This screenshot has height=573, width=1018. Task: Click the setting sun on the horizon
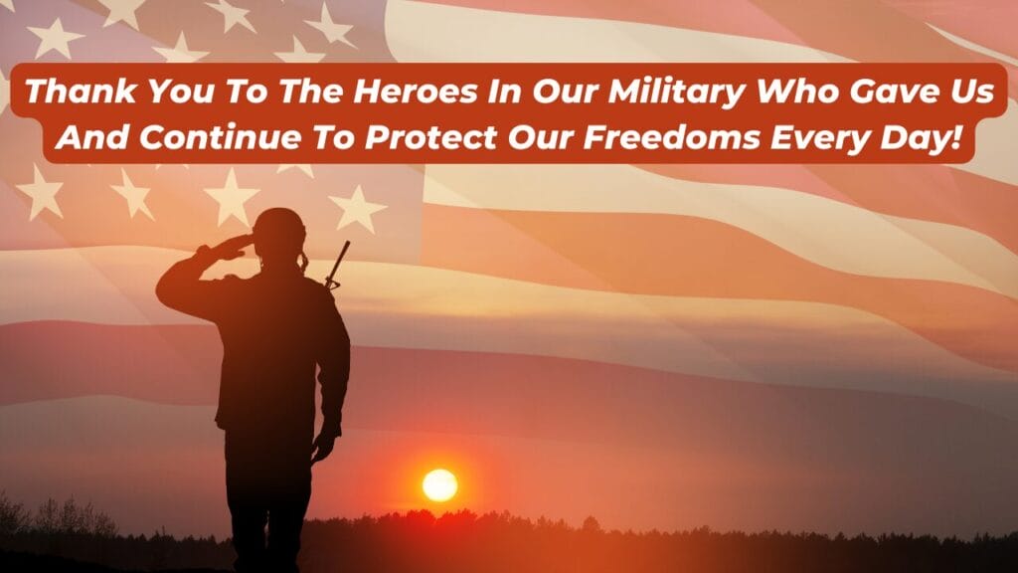[x=439, y=484]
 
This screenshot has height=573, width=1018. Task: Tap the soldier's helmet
[x=278, y=225]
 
